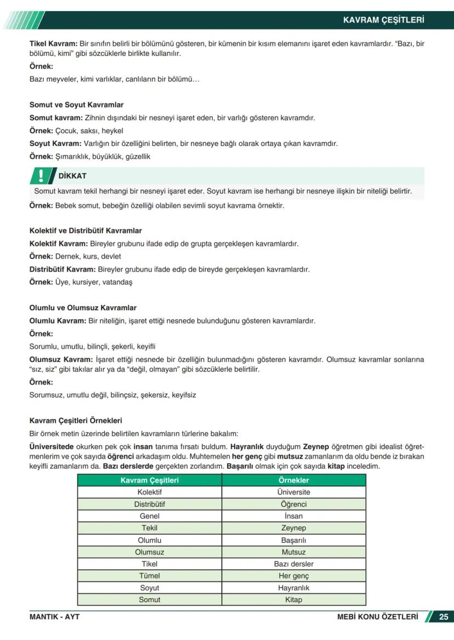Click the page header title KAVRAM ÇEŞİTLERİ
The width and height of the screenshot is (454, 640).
[383, 20]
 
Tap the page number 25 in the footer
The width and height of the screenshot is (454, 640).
[444, 617]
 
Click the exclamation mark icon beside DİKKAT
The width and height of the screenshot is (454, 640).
[41, 175]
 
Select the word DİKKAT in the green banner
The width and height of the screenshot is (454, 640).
[72, 176]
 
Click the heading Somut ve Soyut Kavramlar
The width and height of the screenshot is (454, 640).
[76, 105]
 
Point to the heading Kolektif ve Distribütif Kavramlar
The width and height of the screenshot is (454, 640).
[86, 231]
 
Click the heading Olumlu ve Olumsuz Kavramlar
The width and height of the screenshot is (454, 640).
[83, 308]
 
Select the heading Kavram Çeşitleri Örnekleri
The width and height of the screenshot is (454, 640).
[76, 421]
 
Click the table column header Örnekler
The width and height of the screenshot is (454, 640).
[293, 480]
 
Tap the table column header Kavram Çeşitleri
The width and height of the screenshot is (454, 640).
[150, 480]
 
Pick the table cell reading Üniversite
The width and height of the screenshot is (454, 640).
[293, 492]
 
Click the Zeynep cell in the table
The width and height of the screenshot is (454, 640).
[293, 528]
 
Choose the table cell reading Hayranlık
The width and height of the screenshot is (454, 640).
[293, 588]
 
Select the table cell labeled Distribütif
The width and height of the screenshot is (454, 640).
[150, 505]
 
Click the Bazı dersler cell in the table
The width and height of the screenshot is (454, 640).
[293, 564]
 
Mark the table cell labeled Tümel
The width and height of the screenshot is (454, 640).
[150, 576]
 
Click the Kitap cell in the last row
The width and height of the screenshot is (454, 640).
[293, 600]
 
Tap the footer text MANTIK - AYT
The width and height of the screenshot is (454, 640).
[54, 617]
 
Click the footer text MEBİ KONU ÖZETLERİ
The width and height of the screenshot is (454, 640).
[377, 617]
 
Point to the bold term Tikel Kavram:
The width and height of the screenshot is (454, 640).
[53, 43]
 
